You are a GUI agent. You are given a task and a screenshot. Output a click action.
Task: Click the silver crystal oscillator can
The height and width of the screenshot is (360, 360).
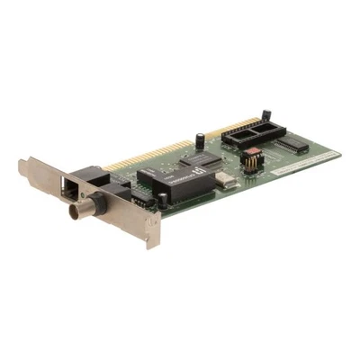point(225,181)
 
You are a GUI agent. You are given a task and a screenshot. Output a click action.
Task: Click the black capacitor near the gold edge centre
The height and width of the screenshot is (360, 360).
point(199,140)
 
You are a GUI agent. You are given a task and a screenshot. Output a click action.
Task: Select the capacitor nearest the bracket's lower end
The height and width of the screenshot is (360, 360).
point(162,202)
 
